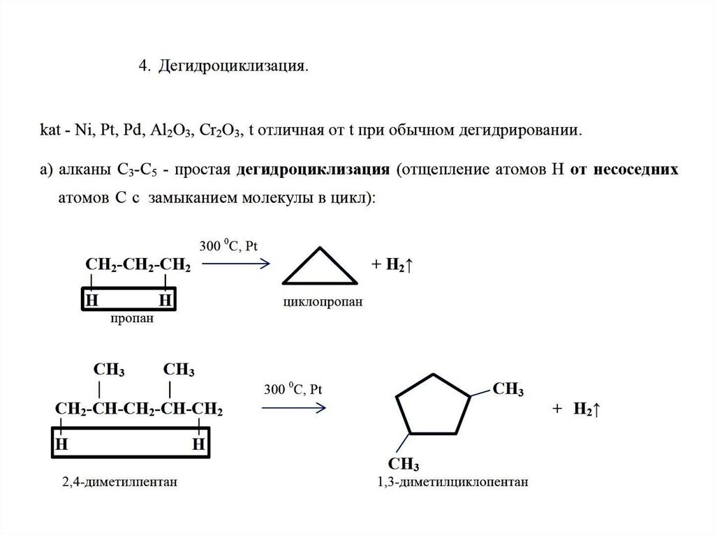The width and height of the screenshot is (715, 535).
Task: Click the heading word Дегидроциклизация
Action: (232, 66)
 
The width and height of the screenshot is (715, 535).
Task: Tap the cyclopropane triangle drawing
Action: (320, 269)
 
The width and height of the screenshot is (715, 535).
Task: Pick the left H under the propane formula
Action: (91, 301)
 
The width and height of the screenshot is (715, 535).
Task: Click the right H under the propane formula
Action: (165, 301)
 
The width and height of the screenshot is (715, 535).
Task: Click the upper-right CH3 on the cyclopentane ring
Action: (508, 389)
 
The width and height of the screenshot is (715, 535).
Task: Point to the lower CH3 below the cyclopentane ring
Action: (403, 463)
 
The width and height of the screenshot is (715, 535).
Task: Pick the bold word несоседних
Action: (635, 169)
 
